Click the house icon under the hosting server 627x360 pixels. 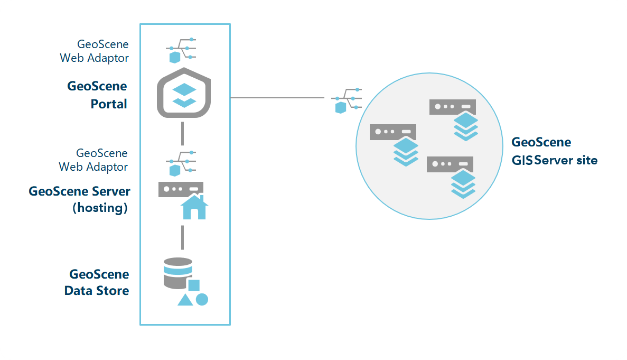194,207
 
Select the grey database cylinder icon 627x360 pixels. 178,273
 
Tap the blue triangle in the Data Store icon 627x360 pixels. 185,300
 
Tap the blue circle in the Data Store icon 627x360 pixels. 202,299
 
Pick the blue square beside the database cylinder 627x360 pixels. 194,285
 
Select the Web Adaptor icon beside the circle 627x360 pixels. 347,100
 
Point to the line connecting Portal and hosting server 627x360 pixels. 182,133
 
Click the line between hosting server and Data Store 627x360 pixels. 182,237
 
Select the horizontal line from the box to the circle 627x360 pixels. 277,98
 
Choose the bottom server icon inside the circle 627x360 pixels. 450,164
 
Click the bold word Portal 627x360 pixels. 109,104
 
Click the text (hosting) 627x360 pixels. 100,208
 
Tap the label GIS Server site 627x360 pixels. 555,160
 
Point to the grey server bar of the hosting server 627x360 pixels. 181,189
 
